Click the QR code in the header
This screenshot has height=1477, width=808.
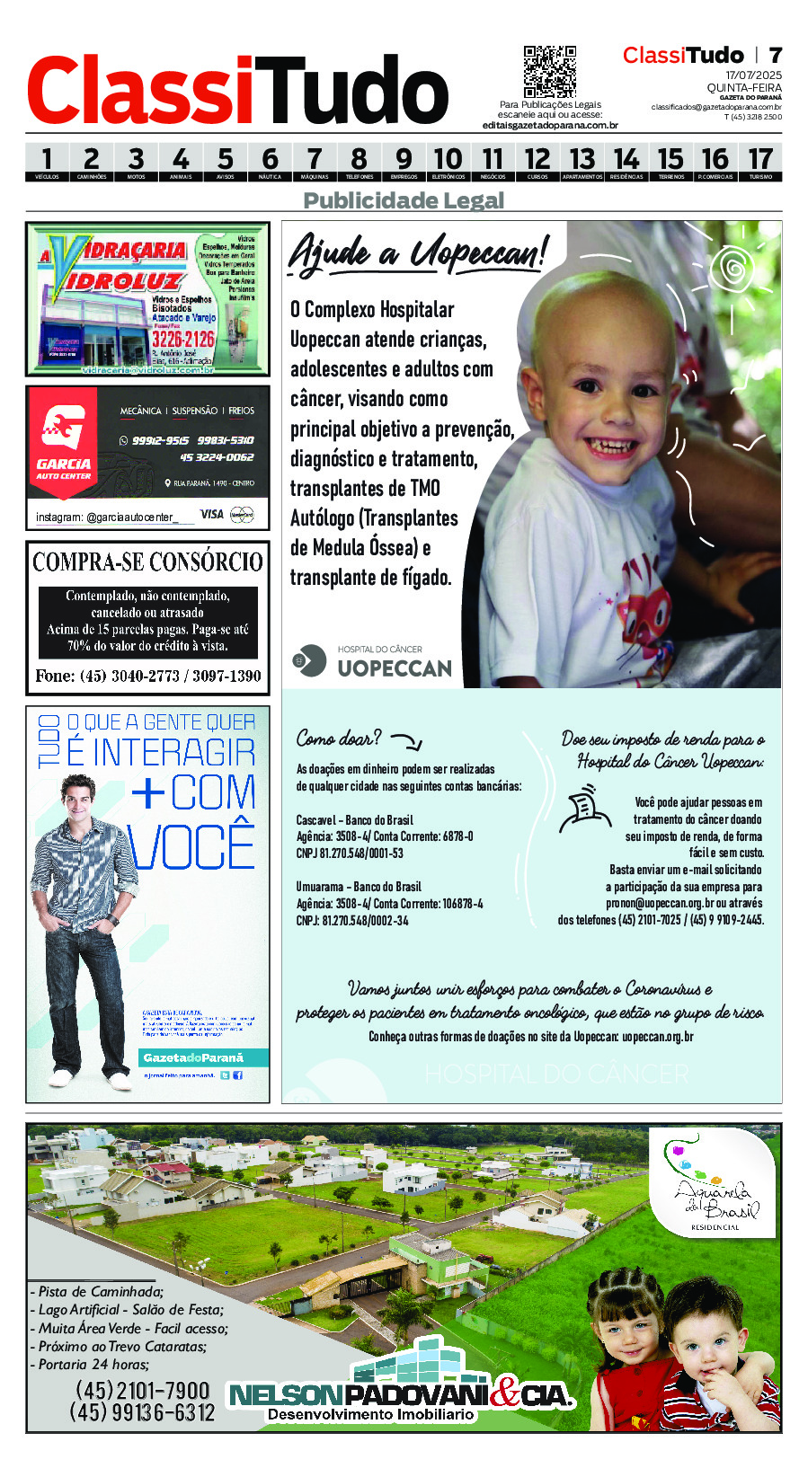click(549, 72)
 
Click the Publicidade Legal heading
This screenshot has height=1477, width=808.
click(404, 199)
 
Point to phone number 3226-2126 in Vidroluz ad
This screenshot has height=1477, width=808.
click(183, 339)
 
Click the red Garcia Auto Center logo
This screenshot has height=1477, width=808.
click(64, 439)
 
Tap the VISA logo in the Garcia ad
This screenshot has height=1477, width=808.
click(212, 514)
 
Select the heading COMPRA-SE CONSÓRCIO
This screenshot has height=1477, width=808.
click(148, 562)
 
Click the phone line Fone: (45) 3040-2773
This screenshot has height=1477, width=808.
click(148, 676)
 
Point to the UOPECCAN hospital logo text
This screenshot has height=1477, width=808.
click(394, 668)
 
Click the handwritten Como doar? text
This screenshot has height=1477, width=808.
click(339, 738)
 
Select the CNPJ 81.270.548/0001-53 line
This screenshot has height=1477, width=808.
click(350, 853)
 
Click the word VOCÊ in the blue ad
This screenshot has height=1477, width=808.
click(191, 847)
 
